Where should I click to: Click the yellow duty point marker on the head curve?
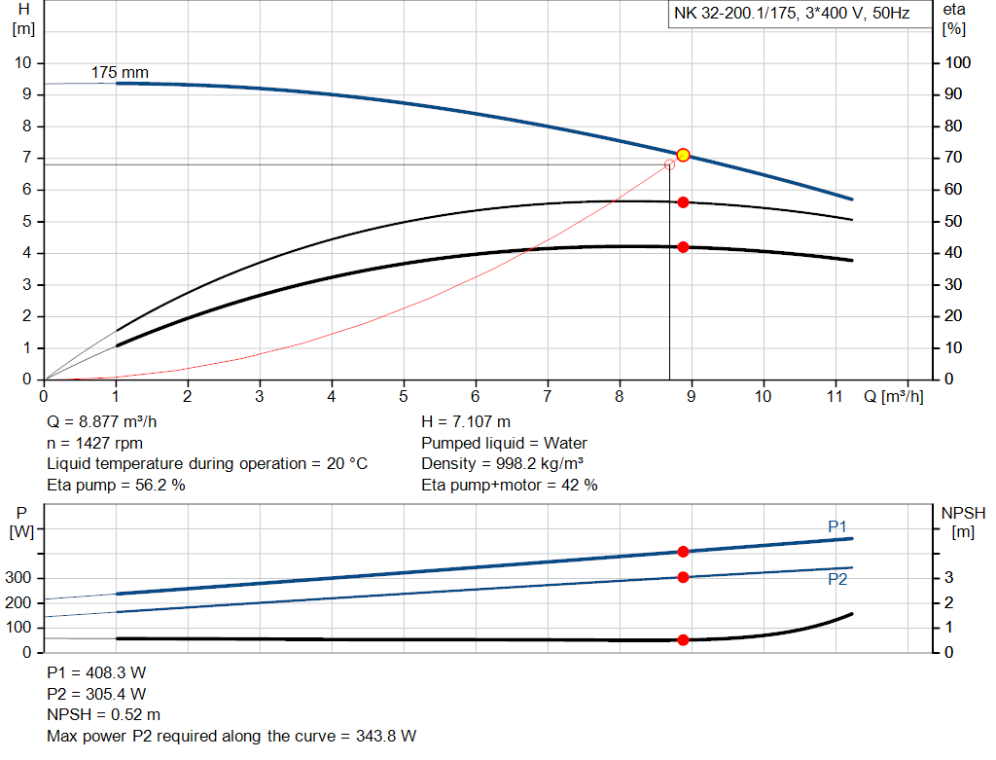pos(683,155)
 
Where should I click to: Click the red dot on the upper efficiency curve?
pos(683,202)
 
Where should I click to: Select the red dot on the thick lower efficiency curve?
pos(683,247)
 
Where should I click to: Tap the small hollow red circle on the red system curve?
pos(669,164)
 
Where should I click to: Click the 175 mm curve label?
pos(120,73)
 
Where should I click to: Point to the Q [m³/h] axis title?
pos(893,396)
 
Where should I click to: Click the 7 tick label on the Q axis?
pos(548,396)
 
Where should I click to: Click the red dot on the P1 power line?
pos(683,552)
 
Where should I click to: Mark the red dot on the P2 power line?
pos(683,577)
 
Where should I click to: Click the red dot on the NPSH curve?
pos(683,640)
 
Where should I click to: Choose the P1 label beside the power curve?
pos(837,526)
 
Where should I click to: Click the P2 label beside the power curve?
pos(837,580)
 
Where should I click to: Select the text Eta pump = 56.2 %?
pos(116,485)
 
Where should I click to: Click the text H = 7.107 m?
pos(466,422)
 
